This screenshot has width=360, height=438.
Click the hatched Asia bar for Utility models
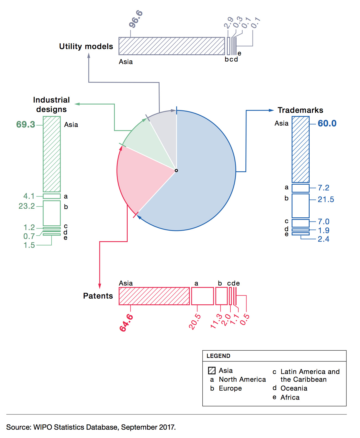[x=172, y=46]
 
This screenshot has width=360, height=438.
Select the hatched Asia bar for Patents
[x=154, y=296]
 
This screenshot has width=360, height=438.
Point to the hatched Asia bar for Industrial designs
[x=52, y=154]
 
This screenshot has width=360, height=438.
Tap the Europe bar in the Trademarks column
[x=300, y=206]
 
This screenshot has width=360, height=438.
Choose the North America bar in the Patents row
[x=202, y=296]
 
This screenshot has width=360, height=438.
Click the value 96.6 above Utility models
[x=136, y=19]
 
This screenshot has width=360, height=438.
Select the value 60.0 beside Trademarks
[x=327, y=123]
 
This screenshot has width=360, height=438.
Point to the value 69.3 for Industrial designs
[x=25, y=124]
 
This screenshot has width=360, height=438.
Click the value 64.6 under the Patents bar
[x=126, y=323]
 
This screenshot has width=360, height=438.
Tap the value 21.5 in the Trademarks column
[x=326, y=199]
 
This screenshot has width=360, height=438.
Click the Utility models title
[x=86, y=46]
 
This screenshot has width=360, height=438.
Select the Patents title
[x=98, y=296]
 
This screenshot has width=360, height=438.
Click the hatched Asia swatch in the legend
[x=212, y=371]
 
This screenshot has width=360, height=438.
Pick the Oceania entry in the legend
[x=294, y=388]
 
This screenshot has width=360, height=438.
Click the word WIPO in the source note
[x=43, y=427]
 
